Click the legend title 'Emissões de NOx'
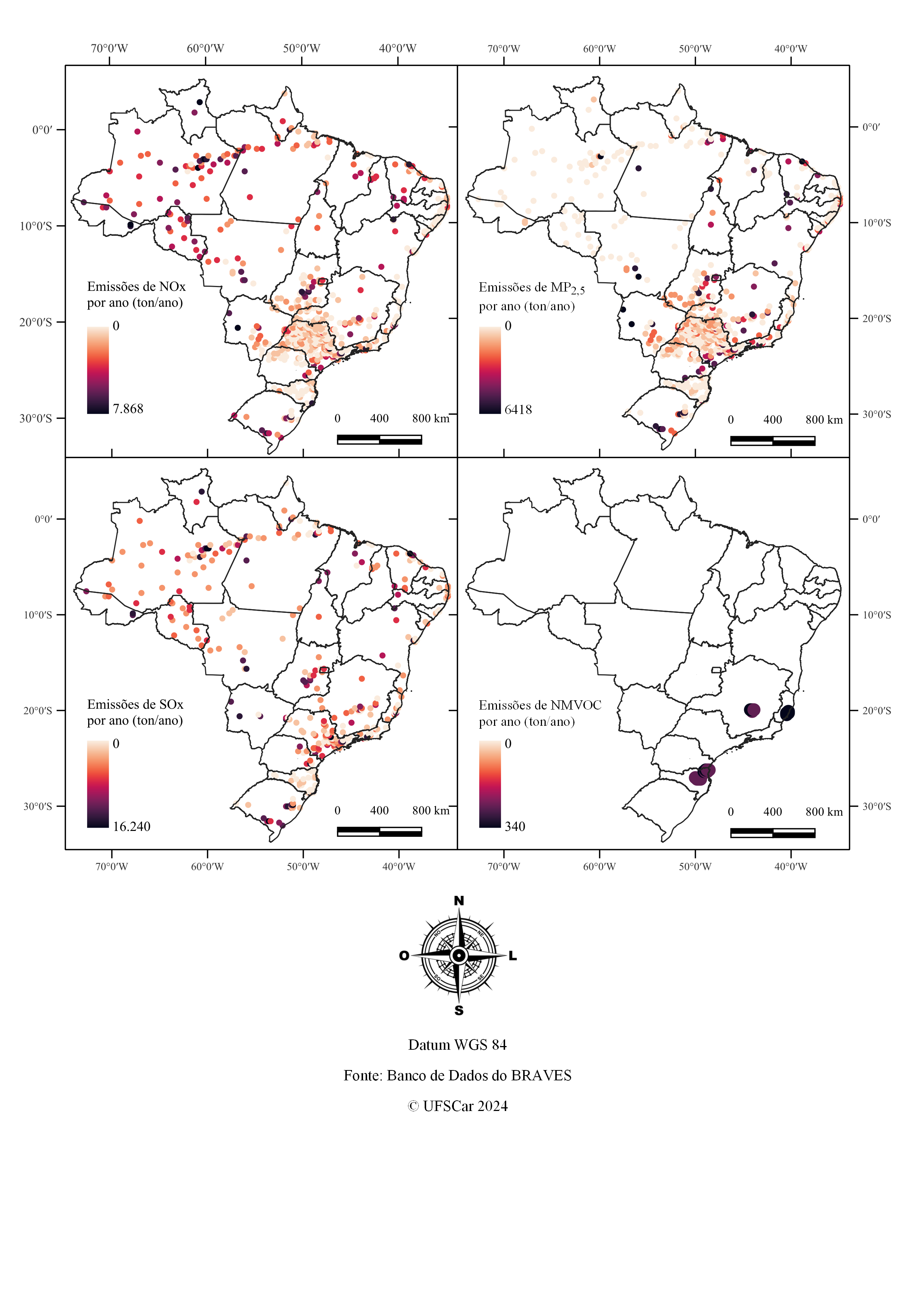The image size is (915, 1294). pyautogui.click(x=137, y=287)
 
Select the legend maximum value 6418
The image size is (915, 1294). pyautogui.click(x=518, y=410)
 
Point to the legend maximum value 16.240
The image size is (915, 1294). pyautogui.click(x=132, y=827)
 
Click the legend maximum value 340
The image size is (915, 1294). pyautogui.click(x=515, y=827)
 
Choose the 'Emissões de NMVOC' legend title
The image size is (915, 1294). pyautogui.click(x=540, y=705)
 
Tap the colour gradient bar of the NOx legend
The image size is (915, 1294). pyautogui.click(x=98, y=370)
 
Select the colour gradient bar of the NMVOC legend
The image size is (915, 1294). pyautogui.click(x=490, y=784)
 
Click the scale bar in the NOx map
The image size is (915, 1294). pyautogui.click(x=379, y=439)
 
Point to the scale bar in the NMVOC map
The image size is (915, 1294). pyautogui.click(x=773, y=833)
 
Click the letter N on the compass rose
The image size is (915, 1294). pyautogui.click(x=459, y=901)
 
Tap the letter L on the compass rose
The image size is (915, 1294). pyautogui.click(x=513, y=956)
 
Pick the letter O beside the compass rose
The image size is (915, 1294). pyautogui.click(x=404, y=956)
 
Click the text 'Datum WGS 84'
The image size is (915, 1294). pyautogui.click(x=457, y=1045)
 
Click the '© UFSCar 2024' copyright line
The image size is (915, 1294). pyautogui.click(x=457, y=1106)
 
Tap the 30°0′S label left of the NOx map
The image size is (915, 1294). pyautogui.click(x=35, y=418)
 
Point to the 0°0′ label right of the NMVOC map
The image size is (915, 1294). pyautogui.click(x=871, y=519)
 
